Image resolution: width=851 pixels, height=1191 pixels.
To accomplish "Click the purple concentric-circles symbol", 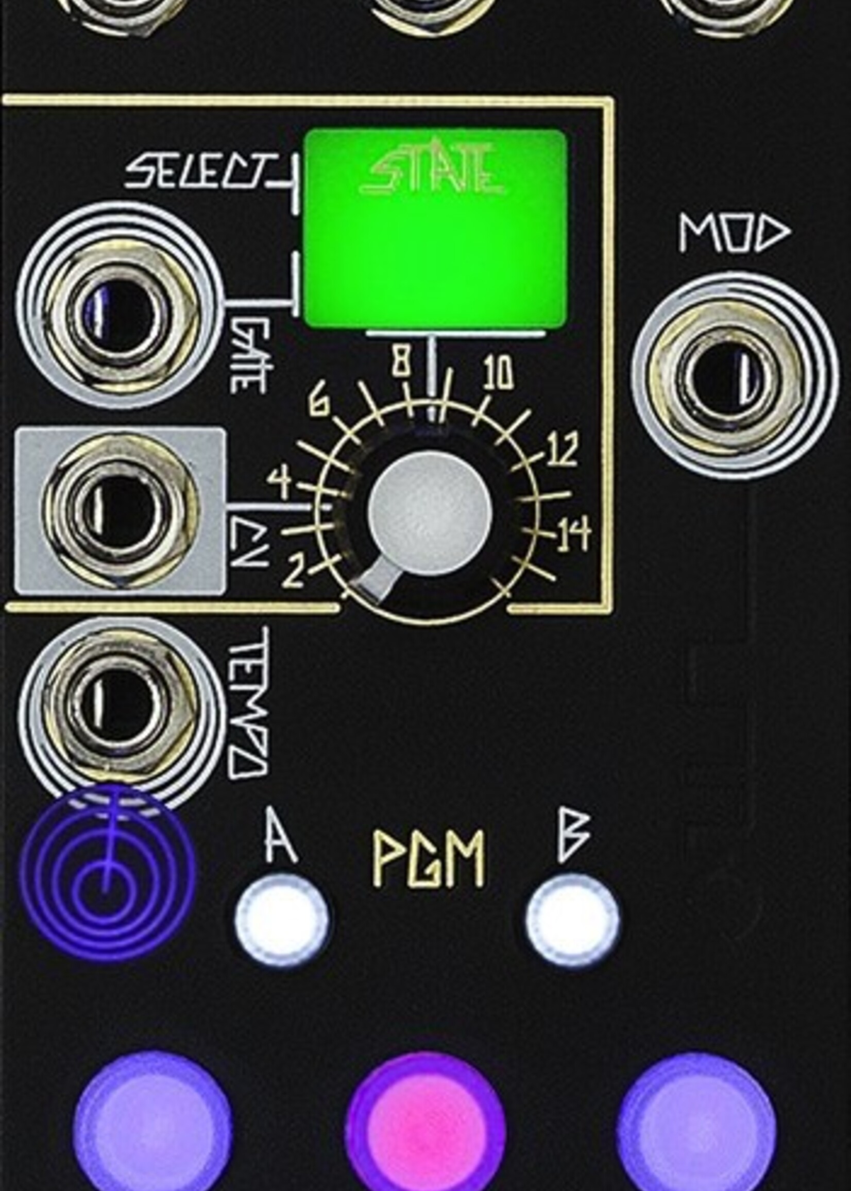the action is click(107, 875).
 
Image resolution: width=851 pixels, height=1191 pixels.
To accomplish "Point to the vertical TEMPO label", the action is click(248, 702).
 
